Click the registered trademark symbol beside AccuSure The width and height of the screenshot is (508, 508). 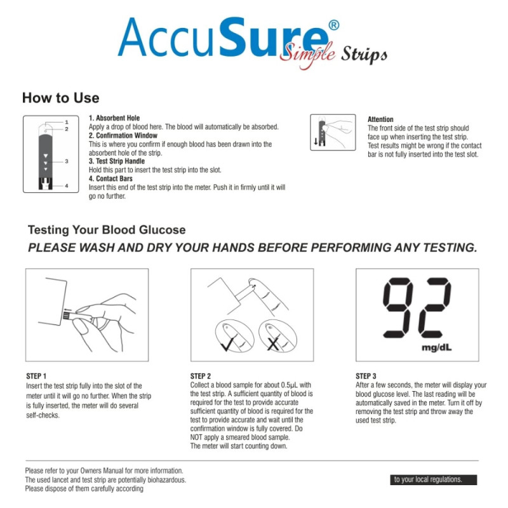(x=334, y=25)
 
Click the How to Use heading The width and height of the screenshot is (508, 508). (x=60, y=98)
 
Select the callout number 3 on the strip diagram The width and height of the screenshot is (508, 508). (x=67, y=161)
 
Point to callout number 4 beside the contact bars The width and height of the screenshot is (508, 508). (x=67, y=185)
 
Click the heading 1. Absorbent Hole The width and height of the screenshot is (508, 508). (x=114, y=118)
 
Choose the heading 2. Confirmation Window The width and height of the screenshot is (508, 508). (x=123, y=135)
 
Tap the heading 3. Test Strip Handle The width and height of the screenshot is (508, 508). (x=117, y=161)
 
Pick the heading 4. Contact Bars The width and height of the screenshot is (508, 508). (x=110, y=178)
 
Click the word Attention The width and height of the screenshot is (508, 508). (x=380, y=119)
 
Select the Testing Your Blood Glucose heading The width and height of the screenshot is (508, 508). (x=107, y=230)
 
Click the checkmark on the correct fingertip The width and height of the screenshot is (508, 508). (x=229, y=344)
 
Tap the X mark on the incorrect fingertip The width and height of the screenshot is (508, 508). (x=273, y=344)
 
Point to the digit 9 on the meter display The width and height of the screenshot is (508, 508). (x=398, y=307)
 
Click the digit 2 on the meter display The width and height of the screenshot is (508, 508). (x=435, y=307)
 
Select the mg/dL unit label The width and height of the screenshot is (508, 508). (x=436, y=348)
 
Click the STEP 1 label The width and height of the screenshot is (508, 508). (x=36, y=376)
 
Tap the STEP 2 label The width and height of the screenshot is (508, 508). (x=201, y=376)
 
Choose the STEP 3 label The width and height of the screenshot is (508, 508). (x=366, y=376)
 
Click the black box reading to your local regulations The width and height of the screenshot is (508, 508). (x=434, y=480)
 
